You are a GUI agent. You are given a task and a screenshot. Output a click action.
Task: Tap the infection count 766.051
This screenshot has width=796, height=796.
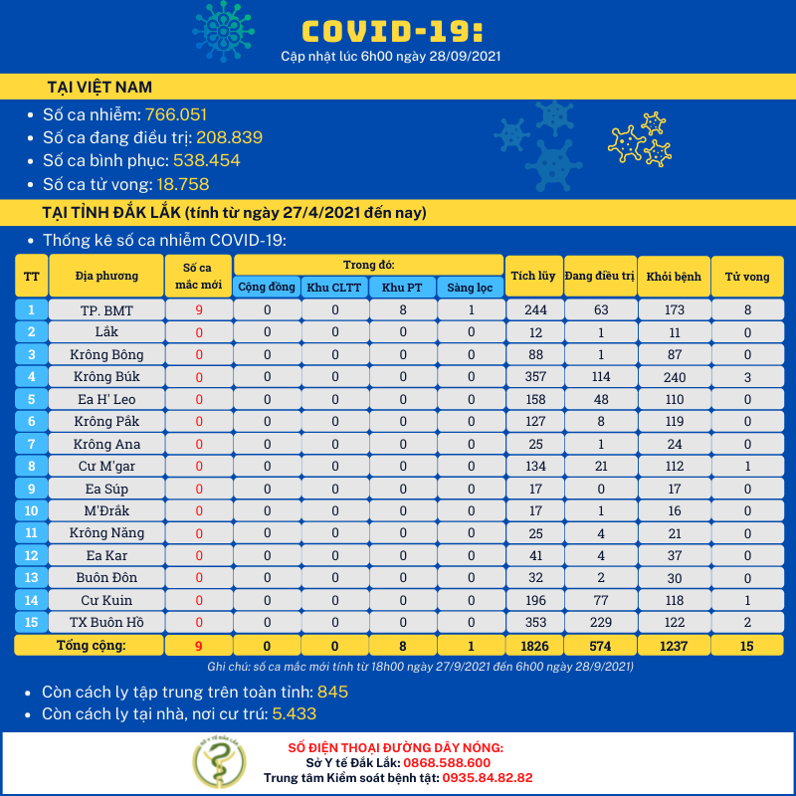click(x=176, y=115)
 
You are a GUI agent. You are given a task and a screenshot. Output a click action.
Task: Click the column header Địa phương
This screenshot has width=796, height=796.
click(x=106, y=276)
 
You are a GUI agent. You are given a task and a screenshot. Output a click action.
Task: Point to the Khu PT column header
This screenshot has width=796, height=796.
click(x=401, y=287)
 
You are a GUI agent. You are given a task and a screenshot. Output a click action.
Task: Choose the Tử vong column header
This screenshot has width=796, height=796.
click(x=746, y=276)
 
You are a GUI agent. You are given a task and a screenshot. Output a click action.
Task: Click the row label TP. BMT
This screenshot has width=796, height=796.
click(x=106, y=310)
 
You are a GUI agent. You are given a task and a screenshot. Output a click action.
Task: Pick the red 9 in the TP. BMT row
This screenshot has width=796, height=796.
click(x=199, y=310)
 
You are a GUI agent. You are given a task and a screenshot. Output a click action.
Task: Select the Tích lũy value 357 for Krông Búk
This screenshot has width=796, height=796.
click(x=535, y=377)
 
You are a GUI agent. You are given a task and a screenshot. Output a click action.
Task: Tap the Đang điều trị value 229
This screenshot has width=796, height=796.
click(x=601, y=622)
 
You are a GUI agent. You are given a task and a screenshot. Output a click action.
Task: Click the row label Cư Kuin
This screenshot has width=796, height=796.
click(x=106, y=600)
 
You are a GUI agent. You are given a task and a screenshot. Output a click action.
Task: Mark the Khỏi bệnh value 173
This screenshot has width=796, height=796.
click(x=675, y=310)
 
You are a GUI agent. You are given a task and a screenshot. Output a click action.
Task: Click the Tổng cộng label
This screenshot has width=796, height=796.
click(x=91, y=646)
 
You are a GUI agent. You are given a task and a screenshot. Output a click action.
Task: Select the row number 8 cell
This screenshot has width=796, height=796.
click(x=32, y=466)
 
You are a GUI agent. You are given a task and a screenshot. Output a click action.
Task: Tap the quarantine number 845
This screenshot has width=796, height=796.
click(x=332, y=692)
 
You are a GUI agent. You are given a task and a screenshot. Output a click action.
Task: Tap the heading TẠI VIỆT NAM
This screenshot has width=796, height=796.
click(x=99, y=87)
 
